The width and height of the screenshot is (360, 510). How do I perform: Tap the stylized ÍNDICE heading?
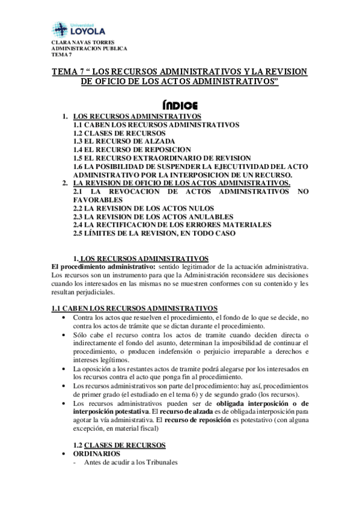point(180,103)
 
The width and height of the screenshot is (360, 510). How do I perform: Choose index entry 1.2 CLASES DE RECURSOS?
point(119,132)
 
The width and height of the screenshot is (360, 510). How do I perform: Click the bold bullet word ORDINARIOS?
point(96,453)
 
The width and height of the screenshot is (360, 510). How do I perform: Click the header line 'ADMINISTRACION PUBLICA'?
point(88,49)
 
